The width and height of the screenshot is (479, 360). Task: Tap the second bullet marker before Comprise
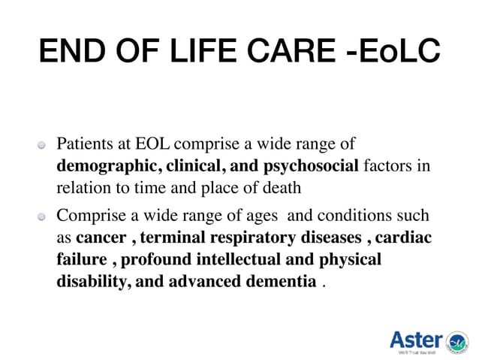click(44, 217)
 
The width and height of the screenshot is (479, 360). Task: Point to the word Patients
click(85, 144)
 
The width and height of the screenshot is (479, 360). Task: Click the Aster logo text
click(416, 339)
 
